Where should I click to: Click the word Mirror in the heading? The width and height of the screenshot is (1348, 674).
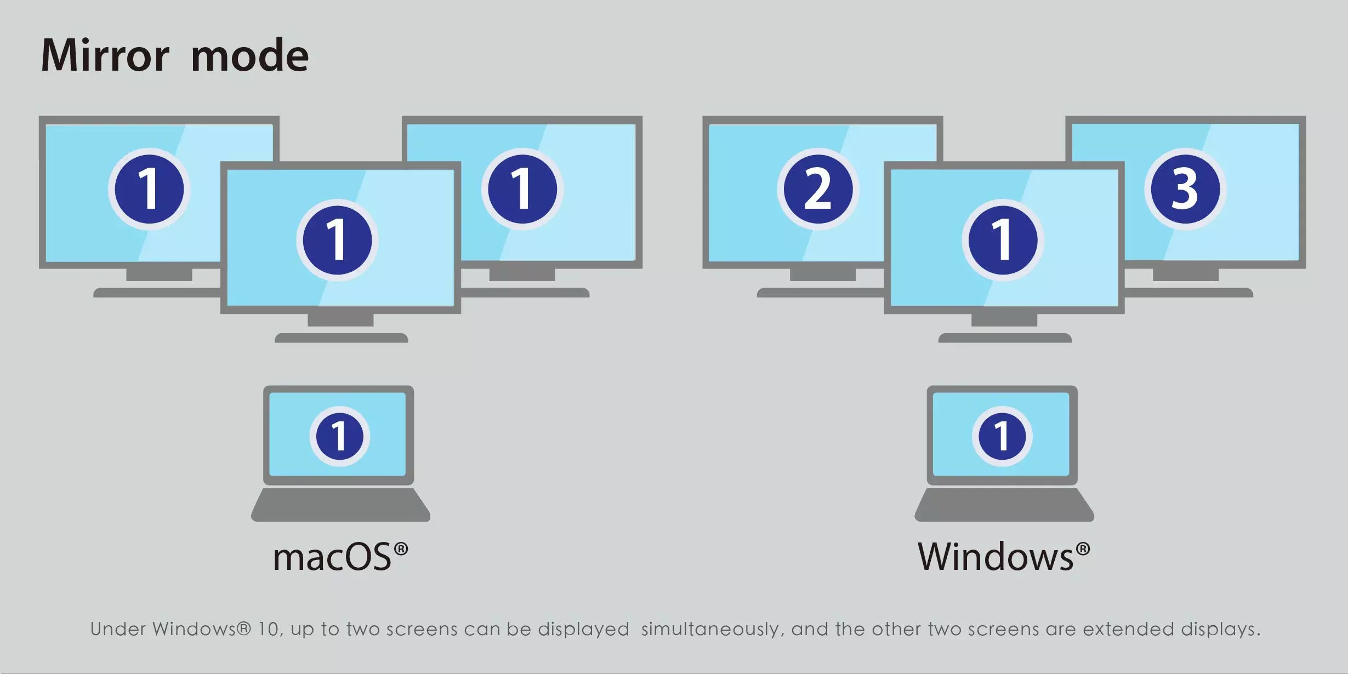pyautogui.click(x=105, y=56)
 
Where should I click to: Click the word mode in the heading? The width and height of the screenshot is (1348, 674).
pyautogui.click(x=249, y=56)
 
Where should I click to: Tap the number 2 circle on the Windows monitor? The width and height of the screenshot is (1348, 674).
pyautogui.click(x=818, y=189)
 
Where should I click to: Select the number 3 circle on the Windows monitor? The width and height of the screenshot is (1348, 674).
pyautogui.click(x=1185, y=189)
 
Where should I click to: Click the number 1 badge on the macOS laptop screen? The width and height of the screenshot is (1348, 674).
pyautogui.click(x=339, y=436)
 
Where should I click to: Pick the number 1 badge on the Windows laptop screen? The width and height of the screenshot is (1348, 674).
pyautogui.click(x=1002, y=436)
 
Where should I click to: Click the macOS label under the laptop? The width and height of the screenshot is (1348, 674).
pyautogui.click(x=332, y=558)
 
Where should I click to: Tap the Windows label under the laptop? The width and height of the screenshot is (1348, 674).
pyautogui.click(x=996, y=558)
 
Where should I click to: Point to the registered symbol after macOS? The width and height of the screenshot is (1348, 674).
pyautogui.click(x=401, y=549)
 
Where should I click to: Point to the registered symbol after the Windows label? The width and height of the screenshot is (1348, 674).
pyautogui.click(x=1083, y=549)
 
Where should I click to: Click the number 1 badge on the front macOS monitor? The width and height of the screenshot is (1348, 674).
pyautogui.click(x=337, y=240)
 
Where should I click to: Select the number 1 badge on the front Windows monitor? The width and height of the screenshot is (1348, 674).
pyautogui.click(x=1003, y=240)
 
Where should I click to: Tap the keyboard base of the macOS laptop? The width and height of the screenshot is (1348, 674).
pyautogui.click(x=340, y=505)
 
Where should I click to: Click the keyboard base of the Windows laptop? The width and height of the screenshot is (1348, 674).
pyautogui.click(x=1004, y=505)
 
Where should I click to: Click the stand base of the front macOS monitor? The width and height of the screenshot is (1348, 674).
pyautogui.click(x=341, y=338)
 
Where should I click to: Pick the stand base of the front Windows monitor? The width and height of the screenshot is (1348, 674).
pyautogui.click(x=1005, y=338)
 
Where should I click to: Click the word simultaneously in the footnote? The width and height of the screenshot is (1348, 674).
pyautogui.click(x=710, y=629)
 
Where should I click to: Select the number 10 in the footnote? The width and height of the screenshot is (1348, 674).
pyautogui.click(x=268, y=629)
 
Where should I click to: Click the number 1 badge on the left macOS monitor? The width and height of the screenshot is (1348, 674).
pyautogui.click(x=149, y=189)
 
